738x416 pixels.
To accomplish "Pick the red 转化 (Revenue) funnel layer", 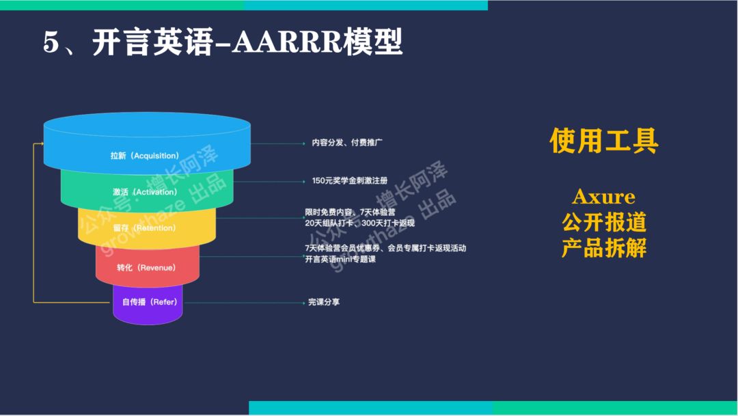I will [146, 267].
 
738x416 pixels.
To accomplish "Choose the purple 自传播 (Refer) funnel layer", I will [148, 302].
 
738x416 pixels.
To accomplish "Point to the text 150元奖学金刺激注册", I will [350, 181].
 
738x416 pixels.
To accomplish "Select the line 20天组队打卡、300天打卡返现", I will [359, 223].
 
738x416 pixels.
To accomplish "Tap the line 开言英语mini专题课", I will [340, 259].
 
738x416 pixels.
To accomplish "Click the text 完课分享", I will [324, 302].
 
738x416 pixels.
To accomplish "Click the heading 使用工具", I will [604, 141].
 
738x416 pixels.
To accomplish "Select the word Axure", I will [603, 197].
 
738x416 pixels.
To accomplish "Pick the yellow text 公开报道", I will [604, 223].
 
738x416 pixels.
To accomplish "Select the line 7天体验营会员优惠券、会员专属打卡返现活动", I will [385, 248].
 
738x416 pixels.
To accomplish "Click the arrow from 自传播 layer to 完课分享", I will [243, 302].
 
